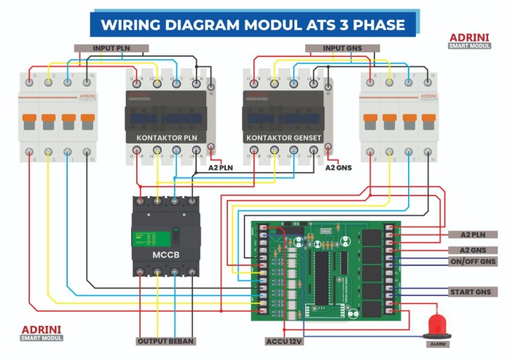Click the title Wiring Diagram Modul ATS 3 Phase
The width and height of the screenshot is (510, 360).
(x=253, y=24)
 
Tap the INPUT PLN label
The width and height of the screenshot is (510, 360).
(x=111, y=48)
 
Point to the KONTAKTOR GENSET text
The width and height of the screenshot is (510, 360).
(x=283, y=137)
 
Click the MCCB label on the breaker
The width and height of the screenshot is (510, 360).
(x=165, y=255)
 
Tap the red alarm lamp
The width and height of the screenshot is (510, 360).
(x=437, y=325)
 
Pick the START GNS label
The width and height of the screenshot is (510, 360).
(x=473, y=291)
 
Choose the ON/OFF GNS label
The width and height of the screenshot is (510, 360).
(x=473, y=261)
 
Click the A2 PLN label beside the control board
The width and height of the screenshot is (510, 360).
(x=473, y=235)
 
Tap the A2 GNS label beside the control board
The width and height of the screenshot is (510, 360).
(x=473, y=250)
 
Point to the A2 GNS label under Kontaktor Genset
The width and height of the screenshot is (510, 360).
(x=338, y=168)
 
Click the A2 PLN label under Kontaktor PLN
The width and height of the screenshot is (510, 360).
(x=220, y=168)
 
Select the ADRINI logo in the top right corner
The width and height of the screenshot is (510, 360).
(x=469, y=39)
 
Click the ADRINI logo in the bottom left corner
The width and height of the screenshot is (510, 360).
(x=42, y=332)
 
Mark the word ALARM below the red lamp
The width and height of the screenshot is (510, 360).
(x=438, y=343)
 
